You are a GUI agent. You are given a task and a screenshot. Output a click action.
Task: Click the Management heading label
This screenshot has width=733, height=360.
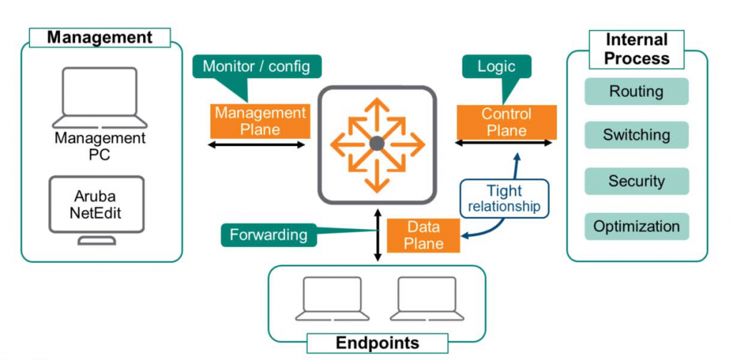click(99, 37)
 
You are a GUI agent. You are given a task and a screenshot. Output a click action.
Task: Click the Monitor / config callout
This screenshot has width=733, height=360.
click(256, 67)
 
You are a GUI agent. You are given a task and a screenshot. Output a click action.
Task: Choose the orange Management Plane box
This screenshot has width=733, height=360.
click(260, 121)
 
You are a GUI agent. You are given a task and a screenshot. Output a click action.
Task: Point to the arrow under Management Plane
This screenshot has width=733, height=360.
click(256, 145)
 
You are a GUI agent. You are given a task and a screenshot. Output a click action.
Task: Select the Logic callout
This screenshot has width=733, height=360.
click(496, 67)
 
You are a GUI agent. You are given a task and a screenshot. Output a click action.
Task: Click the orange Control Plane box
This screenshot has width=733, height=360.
click(506, 122)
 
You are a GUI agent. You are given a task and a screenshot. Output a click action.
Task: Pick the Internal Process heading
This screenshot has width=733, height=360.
click(636, 49)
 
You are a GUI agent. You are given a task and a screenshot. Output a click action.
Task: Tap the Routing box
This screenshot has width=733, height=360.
click(636, 92)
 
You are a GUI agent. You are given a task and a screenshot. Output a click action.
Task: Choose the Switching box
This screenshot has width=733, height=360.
click(636, 135)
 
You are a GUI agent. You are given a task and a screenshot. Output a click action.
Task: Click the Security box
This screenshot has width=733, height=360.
click(636, 181)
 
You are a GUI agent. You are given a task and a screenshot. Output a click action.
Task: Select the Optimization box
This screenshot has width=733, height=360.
click(636, 226)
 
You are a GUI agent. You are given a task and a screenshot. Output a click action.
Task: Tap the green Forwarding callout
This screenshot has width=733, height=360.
click(269, 234)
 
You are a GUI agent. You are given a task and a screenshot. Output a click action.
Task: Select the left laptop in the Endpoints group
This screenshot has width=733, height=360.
click(331, 298)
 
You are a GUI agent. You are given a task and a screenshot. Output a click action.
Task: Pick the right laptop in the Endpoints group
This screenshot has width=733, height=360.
click(425, 298)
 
